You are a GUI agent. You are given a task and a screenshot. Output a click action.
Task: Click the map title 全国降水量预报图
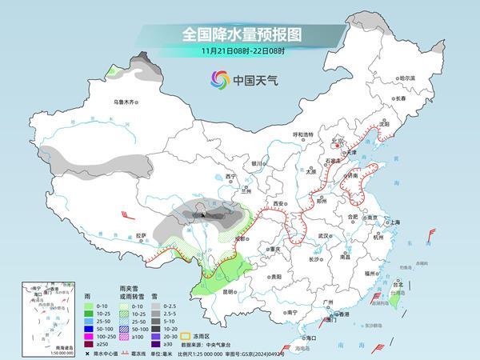point(240,34)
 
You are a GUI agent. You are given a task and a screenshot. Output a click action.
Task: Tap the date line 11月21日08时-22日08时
point(240,52)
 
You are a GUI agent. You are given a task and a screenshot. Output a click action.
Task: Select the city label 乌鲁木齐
point(126,102)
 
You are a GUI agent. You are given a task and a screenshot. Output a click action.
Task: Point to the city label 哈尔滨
point(407,78)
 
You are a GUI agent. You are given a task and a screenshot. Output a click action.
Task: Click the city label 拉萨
point(142,235)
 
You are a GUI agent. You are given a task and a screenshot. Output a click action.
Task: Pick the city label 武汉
point(323,236)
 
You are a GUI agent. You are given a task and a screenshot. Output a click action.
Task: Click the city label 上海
point(392,222)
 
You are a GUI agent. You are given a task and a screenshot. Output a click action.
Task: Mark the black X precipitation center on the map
point(202,214)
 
